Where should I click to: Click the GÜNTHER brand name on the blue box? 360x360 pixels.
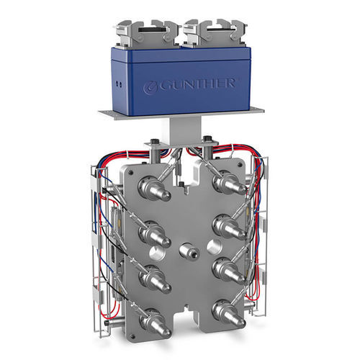coord(196,84)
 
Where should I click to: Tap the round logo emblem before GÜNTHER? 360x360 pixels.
coord(149,87)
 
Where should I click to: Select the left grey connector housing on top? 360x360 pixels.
coord(147,34)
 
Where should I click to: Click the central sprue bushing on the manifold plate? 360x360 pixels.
coord(189,251)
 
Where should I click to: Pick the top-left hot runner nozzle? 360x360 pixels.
coord(154,189)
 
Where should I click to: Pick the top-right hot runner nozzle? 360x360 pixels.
coord(228,184)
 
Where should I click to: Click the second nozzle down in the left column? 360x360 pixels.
coord(155,235)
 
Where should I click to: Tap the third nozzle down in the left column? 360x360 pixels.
coord(155,279)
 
